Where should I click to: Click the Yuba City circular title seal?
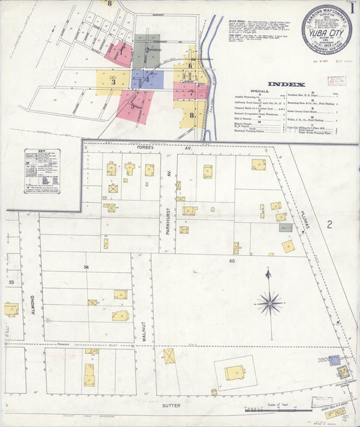(x=326, y=29)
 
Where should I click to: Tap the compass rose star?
(x=269, y=303)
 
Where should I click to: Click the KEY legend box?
(x=42, y=176)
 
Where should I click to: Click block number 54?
(x=86, y=268)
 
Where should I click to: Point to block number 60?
(x=231, y=260)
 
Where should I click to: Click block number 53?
(x=11, y=280)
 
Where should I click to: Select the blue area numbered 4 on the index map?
(x=147, y=80)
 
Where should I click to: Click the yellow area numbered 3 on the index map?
(x=113, y=82)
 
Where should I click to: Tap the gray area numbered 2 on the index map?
(x=147, y=51)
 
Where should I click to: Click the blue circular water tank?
(x=334, y=361)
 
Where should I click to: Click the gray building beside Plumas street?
(x=286, y=228)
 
